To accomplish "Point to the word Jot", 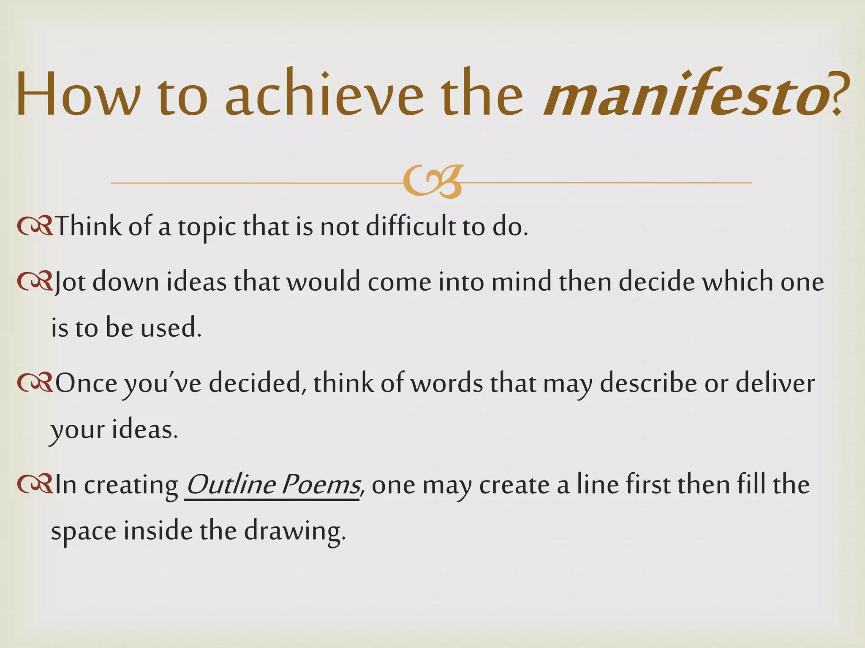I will [x=70, y=281].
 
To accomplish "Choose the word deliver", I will [x=775, y=383].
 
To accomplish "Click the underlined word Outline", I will [x=231, y=484].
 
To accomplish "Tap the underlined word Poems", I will [x=321, y=484].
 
